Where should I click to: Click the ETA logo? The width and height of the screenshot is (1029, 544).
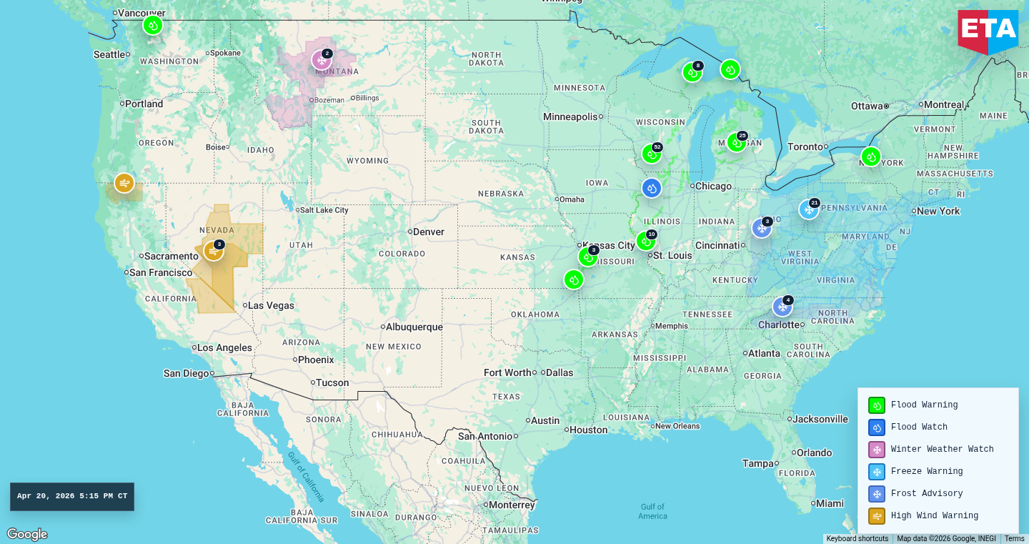(x=988, y=31)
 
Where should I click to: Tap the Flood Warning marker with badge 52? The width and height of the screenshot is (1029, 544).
(x=651, y=154)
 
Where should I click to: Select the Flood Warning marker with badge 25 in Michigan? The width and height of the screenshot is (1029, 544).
(x=736, y=142)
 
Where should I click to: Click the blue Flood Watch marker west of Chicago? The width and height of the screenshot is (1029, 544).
(x=651, y=188)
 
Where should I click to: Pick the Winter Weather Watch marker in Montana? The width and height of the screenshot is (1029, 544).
(x=322, y=60)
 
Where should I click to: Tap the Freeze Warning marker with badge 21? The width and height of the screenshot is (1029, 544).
(x=808, y=209)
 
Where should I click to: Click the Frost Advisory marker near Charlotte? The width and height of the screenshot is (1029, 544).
(x=782, y=307)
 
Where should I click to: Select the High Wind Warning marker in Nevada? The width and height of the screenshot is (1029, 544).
(x=213, y=251)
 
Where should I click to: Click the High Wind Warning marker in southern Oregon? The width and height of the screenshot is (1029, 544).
(x=124, y=183)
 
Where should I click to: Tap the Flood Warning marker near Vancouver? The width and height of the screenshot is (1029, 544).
(x=152, y=26)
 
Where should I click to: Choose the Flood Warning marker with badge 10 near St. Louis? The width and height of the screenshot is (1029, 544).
(x=646, y=241)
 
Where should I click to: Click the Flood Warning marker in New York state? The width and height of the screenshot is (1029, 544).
(x=870, y=157)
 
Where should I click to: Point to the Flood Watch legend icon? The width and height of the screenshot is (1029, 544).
(x=877, y=427)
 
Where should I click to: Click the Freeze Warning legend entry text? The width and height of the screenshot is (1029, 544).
(x=926, y=472)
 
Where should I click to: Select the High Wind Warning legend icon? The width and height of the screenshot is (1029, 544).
(x=877, y=516)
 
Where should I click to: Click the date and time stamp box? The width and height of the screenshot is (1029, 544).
(x=72, y=496)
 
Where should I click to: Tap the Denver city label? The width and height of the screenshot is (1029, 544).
(x=429, y=232)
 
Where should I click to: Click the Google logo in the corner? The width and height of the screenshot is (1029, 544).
(x=27, y=534)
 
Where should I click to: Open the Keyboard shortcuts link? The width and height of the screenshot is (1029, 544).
(x=857, y=539)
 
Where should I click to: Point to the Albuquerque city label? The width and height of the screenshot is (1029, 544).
(x=414, y=327)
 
